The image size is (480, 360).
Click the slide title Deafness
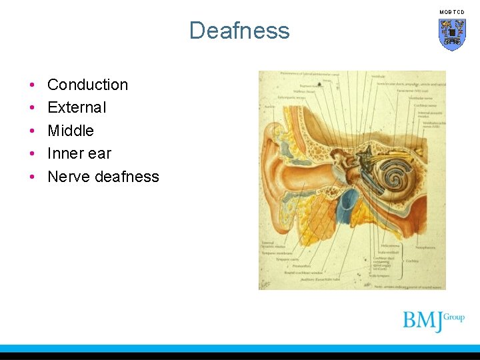[x=239, y=31]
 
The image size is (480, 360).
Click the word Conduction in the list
[x=87, y=85]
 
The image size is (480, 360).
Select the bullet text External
[x=77, y=107]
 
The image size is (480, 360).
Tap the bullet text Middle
[x=71, y=131]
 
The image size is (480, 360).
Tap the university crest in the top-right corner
[x=452, y=33]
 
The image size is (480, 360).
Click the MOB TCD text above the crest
[x=452, y=12]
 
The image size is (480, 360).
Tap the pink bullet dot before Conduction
[x=33, y=85]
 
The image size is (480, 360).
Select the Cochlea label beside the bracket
[x=412, y=261]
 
